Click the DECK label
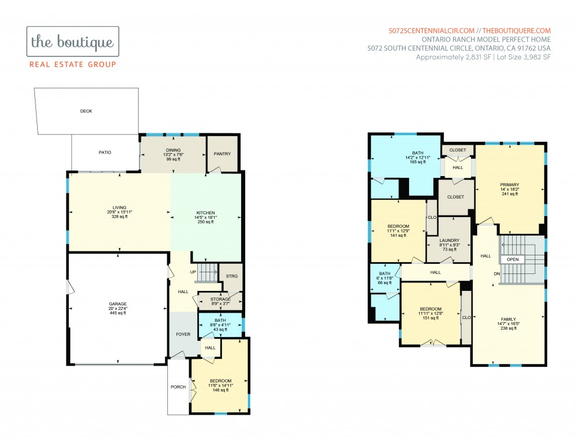[x=86, y=111]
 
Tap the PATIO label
[x=105, y=152]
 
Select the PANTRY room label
[x=222, y=154]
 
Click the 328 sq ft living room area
[x=119, y=217]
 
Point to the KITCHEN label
[x=206, y=213]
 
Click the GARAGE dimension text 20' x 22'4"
[x=118, y=308]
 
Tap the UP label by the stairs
[x=193, y=272]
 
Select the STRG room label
[x=232, y=276]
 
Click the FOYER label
[x=183, y=334]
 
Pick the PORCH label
[x=178, y=387]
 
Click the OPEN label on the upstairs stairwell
[x=513, y=259]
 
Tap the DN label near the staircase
[x=497, y=274]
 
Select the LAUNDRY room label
[x=449, y=240]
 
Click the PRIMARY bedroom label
[x=509, y=185]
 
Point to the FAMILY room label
[x=509, y=320]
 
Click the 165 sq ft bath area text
[x=418, y=162]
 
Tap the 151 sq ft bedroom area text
[x=430, y=318]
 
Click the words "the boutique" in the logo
[x=73, y=42]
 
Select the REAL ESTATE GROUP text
[x=73, y=65]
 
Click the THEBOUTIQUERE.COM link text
[x=517, y=31]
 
